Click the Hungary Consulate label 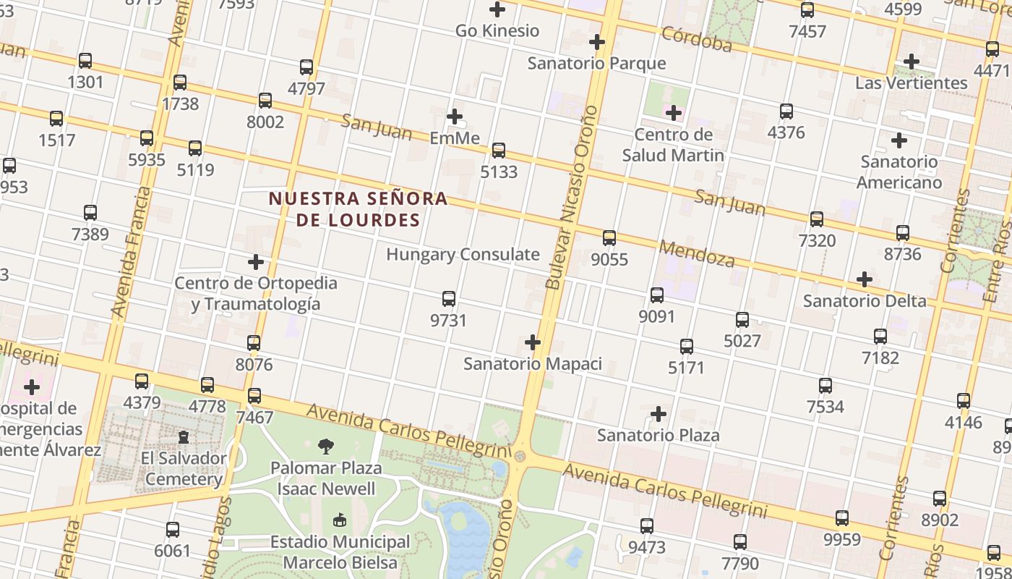pos(463,255)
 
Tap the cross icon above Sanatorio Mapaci pos(533,342)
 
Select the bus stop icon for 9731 pos(449,298)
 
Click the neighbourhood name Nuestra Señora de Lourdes pos(358,209)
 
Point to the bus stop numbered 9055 pos(609,237)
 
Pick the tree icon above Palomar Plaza pos(326,447)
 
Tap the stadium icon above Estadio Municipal pos(339,520)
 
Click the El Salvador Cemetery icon pos(184,437)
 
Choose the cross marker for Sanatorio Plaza pos(659,414)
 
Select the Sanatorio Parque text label pos(596,63)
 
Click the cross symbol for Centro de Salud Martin pos(674,112)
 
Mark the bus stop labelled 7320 pos(817,219)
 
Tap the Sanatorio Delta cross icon pos(865,279)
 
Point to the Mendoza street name pos(697,254)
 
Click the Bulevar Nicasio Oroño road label pos(573,197)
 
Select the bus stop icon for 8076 pos(254,342)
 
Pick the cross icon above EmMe pos(455,116)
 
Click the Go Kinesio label pos(497,30)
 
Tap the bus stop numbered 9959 pos(842,517)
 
